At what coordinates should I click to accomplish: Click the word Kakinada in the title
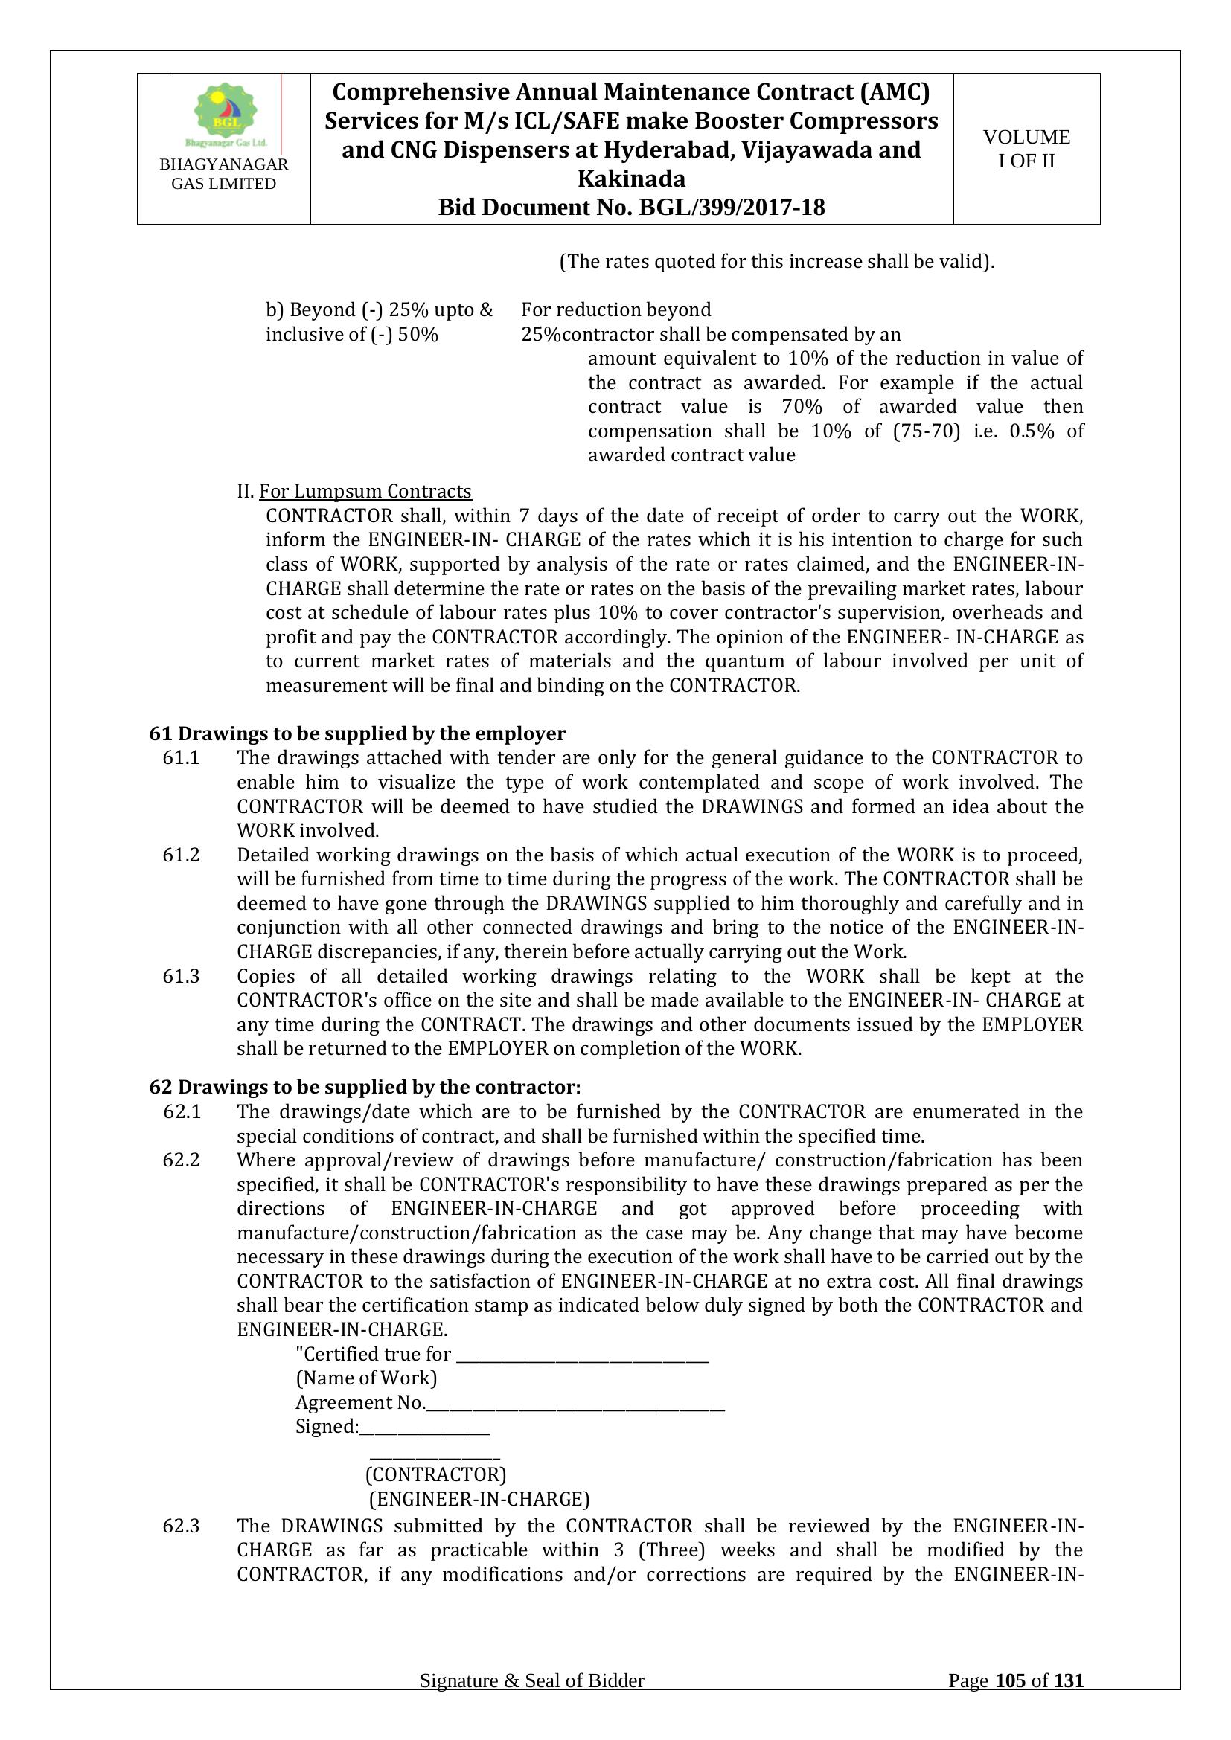(x=630, y=179)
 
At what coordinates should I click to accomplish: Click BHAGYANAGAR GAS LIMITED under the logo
(x=223, y=174)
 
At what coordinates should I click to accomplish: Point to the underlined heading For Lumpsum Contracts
(x=365, y=492)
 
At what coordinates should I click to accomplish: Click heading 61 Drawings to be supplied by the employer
(x=357, y=733)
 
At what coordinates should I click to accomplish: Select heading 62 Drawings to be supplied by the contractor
(x=365, y=1088)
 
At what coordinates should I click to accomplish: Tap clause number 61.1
(x=181, y=758)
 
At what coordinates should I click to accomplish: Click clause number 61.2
(x=181, y=855)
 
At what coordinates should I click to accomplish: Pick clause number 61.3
(x=181, y=976)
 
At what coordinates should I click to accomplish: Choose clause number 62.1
(x=181, y=1111)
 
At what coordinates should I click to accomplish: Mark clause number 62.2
(x=181, y=1160)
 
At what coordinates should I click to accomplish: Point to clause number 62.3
(x=181, y=1526)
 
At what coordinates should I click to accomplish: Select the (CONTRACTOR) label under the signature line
(x=435, y=1474)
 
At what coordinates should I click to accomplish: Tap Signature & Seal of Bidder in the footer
(x=531, y=1702)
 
